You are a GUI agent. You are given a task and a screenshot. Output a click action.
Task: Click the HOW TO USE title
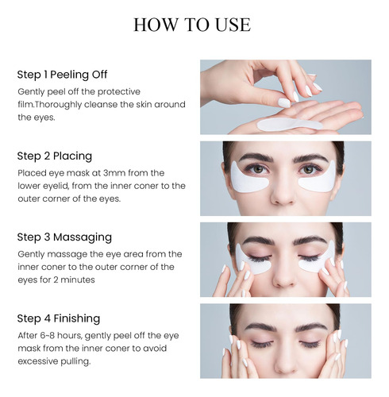click(192, 25)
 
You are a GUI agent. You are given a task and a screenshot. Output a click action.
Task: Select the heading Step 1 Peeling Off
click(62, 75)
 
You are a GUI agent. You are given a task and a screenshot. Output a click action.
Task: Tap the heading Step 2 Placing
click(55, 156)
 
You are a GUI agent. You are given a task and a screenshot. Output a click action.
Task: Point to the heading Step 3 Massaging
click(64, 237)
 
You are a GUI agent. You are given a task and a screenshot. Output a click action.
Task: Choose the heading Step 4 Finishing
click(59, 318)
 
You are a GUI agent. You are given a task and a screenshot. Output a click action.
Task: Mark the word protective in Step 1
click(119, 92)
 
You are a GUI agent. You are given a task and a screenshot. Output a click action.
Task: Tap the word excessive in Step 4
click(38, 361)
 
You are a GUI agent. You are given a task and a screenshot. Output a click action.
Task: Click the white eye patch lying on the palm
click(290, 124)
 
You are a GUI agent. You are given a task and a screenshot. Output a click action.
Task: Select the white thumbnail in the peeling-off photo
click(284, 102)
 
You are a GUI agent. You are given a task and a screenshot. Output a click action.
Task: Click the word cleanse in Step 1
click(101, 105)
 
